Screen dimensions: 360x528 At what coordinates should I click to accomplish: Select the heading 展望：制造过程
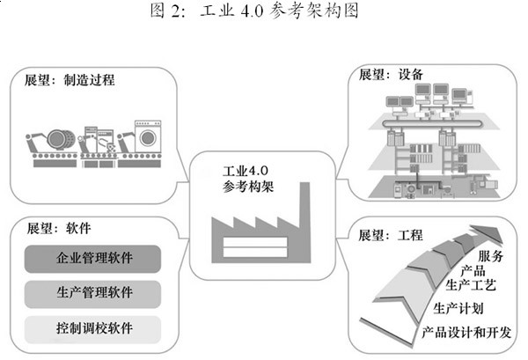tap(64, 79)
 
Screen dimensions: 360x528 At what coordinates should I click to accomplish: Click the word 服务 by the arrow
tap(491, 256)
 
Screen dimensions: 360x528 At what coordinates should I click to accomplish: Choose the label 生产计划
tap(458, 309)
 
